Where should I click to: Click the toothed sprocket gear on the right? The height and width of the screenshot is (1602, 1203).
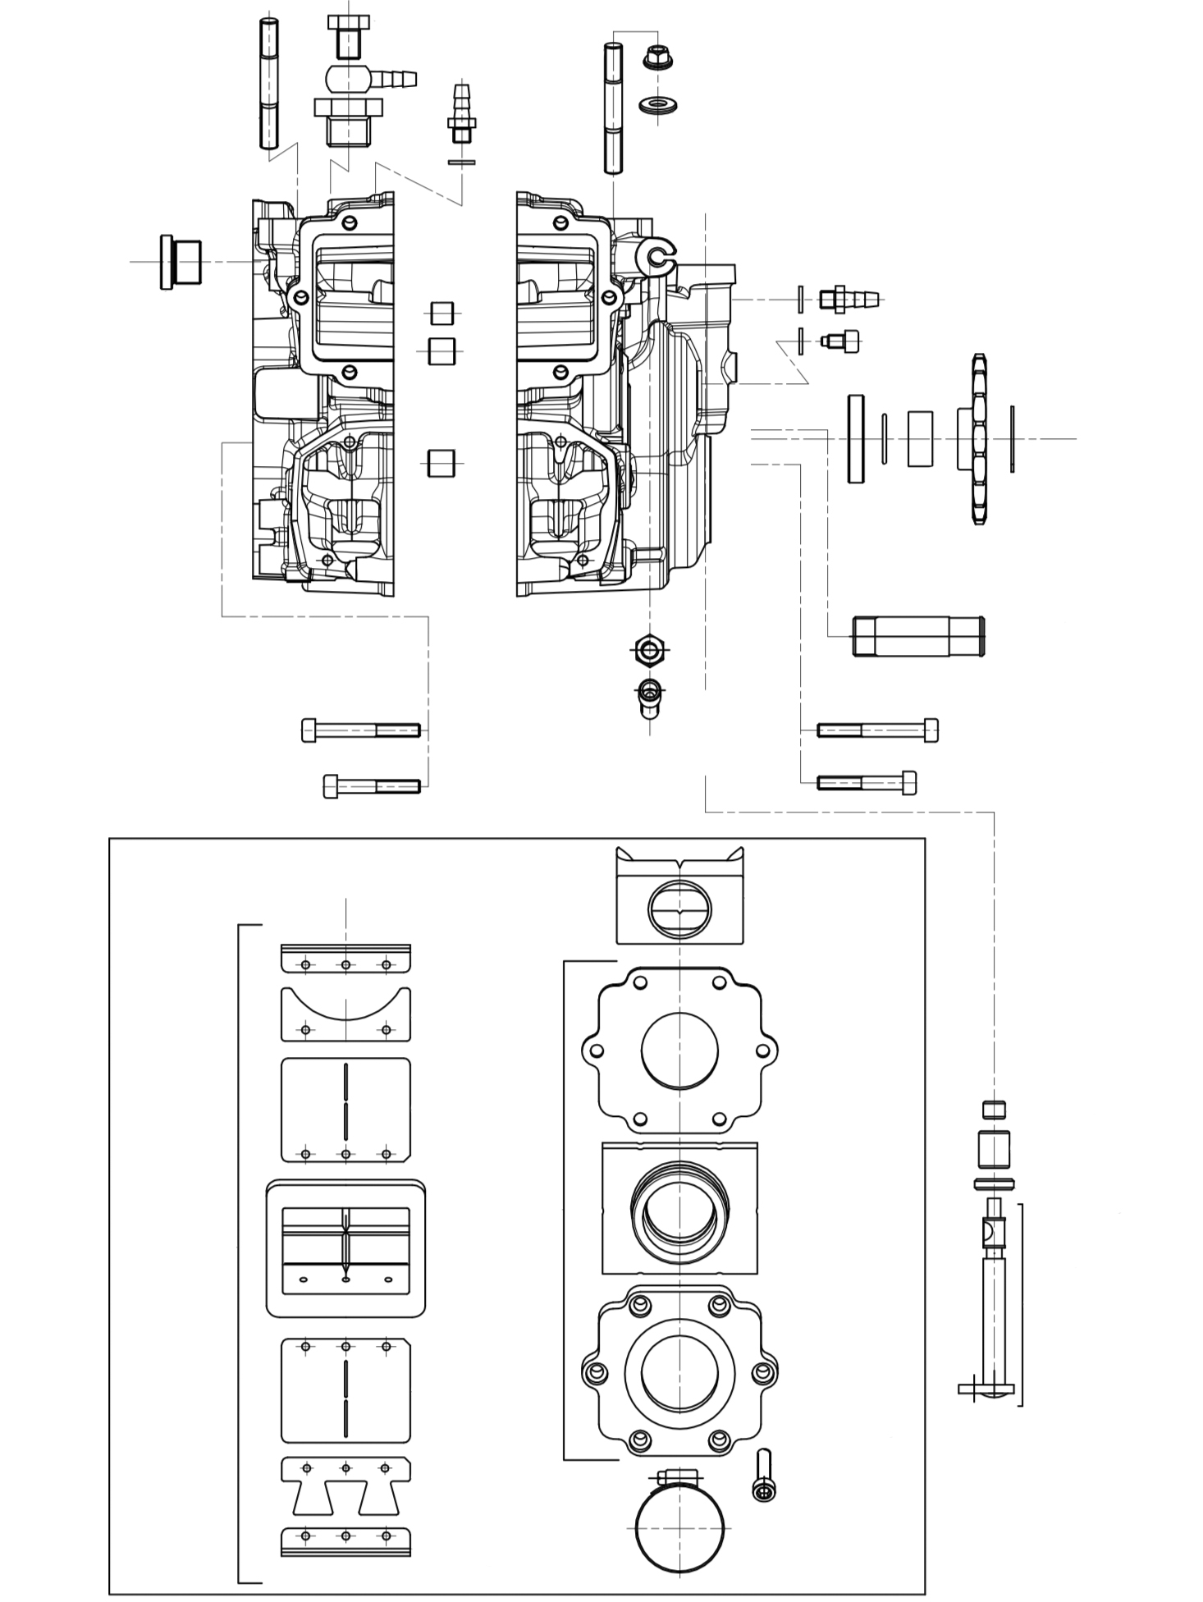(978, 439)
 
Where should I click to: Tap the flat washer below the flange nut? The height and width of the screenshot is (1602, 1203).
(657, 105)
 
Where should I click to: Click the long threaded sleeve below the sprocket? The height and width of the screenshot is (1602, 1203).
(918, 636)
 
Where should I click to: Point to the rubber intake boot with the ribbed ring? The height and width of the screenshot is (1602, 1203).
(679, 1208)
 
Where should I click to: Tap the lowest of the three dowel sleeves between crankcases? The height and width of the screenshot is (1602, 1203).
(441, 463)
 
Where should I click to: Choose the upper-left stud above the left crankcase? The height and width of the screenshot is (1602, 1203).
(268, 84)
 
